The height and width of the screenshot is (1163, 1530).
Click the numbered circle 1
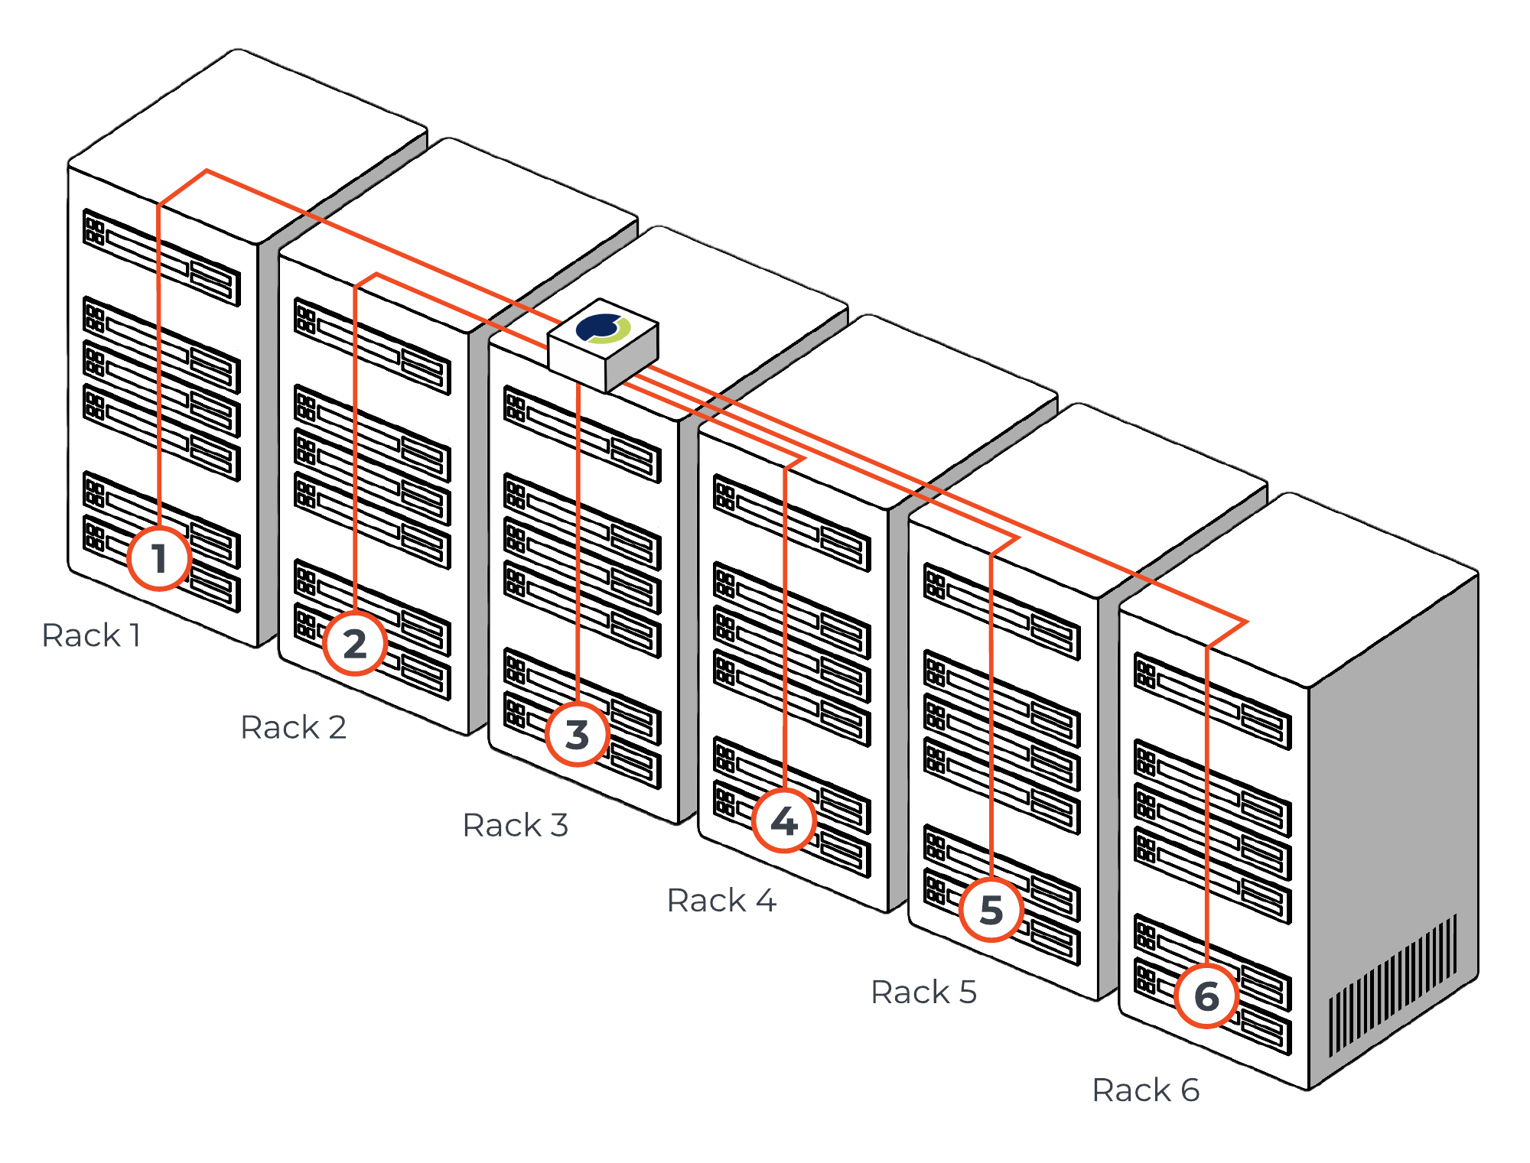click(x=158, y=558)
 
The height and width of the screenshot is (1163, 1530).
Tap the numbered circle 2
click(x=354, y=643)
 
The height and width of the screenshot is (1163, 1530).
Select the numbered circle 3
click(x=578, y=734)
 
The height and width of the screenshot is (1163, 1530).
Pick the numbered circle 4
click(x=784, y=820)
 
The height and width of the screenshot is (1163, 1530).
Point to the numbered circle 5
click(x=991, y=909)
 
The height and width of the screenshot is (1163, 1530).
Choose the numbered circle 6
click(x=1206, y=996)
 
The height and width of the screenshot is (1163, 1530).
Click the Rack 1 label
click(x=91, y=635)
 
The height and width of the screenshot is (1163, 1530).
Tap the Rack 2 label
click(x=293, y=727)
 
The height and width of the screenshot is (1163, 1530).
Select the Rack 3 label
click(x=516, y=825)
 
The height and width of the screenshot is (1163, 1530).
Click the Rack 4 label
click(x=721, y=900)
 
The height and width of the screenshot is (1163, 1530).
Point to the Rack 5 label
click(x=923, y=992)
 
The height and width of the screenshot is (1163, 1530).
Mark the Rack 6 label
click(x=1145, y=1090)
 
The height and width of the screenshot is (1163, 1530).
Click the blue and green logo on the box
click(x=604, y=328)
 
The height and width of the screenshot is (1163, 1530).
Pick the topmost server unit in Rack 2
click(x=373, y=346)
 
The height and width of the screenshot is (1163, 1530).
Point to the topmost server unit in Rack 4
click(x=792, y=523)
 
